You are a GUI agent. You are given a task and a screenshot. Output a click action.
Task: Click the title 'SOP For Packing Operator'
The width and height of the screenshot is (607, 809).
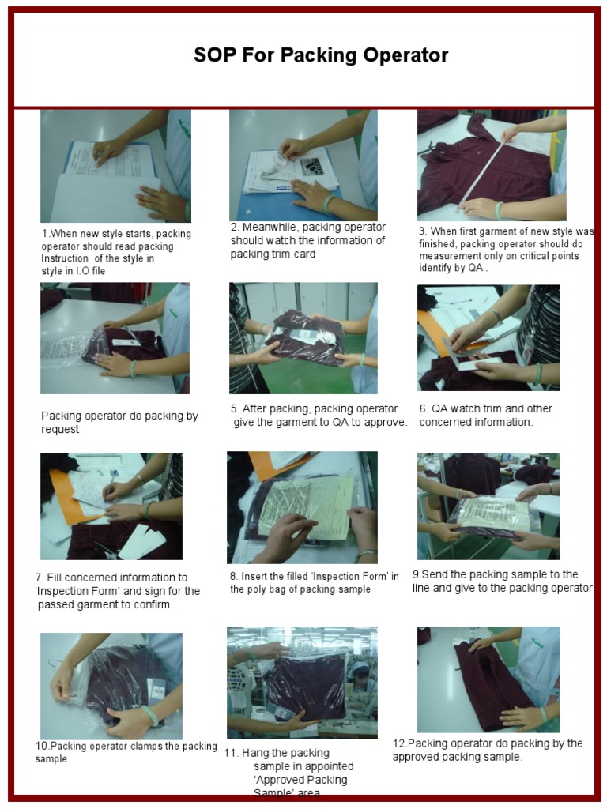point(321,55)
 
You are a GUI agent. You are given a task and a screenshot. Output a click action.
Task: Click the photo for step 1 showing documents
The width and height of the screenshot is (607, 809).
point(115,166)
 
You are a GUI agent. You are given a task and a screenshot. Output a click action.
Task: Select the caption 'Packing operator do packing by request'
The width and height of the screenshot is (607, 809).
point(119,423)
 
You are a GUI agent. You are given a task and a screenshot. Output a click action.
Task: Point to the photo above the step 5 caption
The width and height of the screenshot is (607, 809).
point(303,338)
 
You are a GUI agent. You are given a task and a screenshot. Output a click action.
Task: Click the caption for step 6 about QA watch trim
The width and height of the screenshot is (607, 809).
point(485,416)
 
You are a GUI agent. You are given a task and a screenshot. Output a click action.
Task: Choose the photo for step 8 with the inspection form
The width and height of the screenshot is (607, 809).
point(302,507)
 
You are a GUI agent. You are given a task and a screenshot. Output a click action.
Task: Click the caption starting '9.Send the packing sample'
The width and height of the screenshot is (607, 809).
point(501,581)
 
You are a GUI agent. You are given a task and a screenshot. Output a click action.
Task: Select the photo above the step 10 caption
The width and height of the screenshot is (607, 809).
point(111,686)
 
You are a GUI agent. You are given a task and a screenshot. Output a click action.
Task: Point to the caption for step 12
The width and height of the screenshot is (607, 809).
point(487,750)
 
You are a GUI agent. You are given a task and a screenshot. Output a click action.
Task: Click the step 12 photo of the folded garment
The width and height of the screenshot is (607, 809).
point(488,679)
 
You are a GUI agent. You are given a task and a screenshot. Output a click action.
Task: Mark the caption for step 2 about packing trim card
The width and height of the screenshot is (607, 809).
point(307,240)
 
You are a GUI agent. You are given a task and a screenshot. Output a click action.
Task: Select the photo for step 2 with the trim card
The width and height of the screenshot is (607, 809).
point(303,165)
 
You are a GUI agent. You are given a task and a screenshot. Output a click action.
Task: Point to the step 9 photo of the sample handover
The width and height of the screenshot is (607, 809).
point(488,506)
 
